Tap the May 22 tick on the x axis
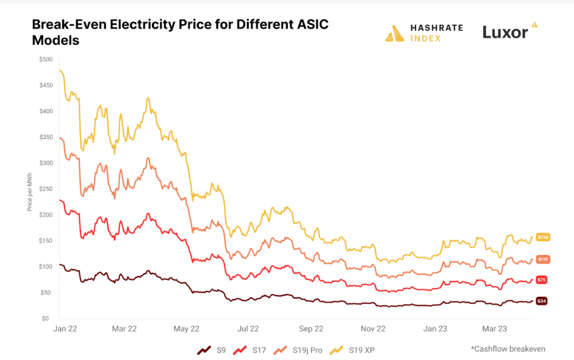coord(186,329)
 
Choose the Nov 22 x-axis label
coord(373,329)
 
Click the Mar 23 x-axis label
coord(495,329)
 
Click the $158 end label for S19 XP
coord(543,237)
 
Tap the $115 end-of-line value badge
coord(543,259)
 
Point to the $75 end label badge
coord(541,279)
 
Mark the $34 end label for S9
coord(541,301)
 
